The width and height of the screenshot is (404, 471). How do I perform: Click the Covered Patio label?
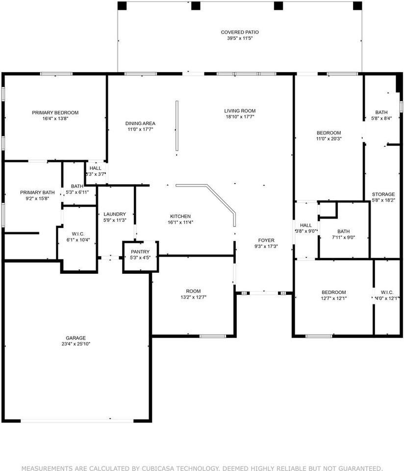[240, 32]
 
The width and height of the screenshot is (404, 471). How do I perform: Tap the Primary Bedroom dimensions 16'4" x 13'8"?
[55, 119]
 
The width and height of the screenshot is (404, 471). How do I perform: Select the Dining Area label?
[140, 124]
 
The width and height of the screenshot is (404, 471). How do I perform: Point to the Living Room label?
[240, 111]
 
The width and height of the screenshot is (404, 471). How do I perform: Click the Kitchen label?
[180, 216]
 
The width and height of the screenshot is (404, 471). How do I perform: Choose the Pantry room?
[141, 257]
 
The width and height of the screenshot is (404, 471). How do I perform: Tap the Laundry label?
[115, 214]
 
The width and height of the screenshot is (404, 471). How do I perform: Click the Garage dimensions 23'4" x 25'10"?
[76, 344]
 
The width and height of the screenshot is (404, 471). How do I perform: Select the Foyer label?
[266, 240]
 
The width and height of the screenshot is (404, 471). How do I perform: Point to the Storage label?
[383, 194]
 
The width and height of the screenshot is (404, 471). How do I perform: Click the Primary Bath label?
[38, 192]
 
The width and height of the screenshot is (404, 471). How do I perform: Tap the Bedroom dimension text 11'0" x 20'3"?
[329, 139]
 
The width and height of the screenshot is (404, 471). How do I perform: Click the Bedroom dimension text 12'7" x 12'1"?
[334, 298]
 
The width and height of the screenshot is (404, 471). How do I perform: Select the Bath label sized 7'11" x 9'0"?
[343, 231]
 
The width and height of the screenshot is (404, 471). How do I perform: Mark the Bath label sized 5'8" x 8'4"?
[381, 112]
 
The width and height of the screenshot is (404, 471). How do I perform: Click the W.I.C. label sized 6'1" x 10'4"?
[78, 234]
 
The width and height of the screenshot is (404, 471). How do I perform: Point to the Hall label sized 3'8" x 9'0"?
[306, 225]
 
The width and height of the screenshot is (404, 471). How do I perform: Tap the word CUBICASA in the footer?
[158, 468]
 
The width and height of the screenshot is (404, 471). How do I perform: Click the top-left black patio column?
[122, 6]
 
